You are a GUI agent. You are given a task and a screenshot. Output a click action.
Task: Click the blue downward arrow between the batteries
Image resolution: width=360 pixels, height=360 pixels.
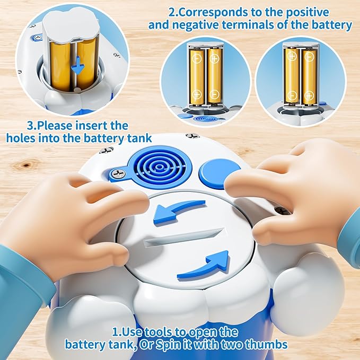78,66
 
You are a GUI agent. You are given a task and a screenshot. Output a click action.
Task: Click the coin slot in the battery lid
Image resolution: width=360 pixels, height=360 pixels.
183,238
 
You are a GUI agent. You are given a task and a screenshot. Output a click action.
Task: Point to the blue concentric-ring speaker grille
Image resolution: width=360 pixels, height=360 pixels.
160,168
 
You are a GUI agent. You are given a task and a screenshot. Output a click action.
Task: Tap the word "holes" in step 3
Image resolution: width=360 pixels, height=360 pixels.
21,138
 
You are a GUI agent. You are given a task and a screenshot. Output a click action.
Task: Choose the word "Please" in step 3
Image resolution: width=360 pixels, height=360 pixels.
55,126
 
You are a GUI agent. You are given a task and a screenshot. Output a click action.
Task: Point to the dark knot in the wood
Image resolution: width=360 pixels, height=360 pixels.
27,165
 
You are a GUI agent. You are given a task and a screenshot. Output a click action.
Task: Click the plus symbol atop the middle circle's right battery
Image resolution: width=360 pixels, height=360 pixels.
215,58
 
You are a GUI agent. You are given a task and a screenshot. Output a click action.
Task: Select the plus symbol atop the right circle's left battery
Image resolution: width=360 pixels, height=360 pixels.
292,56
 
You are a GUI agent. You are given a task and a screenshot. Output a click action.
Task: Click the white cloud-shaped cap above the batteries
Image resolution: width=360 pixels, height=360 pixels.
71,25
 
